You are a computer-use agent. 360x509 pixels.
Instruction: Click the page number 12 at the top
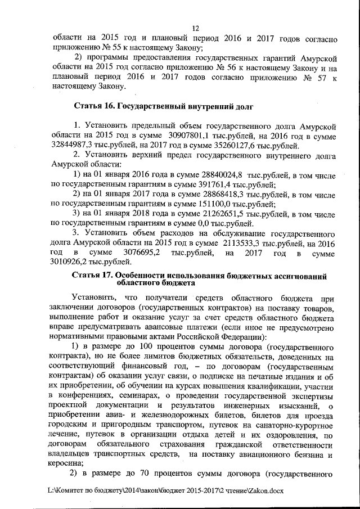[196, 28]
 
